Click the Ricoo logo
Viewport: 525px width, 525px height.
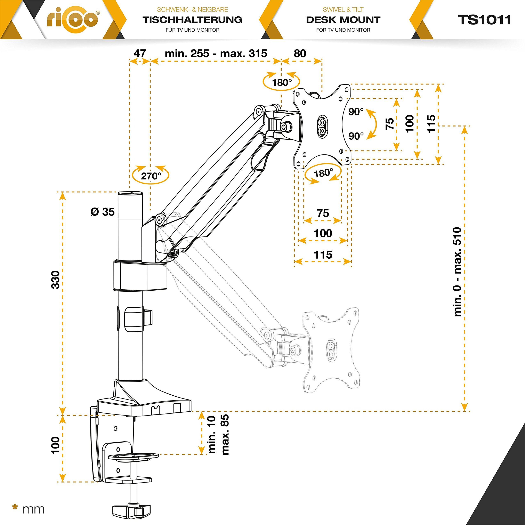(x=73, y=19)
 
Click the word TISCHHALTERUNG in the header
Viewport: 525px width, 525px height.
(x=192, y=19)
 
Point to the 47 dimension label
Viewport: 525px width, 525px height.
(x=140, y=53)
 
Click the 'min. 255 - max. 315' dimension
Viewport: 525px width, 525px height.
(x=216, y=53)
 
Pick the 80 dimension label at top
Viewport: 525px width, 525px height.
(x=300, y=53)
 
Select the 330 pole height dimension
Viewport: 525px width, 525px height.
(x=55, y=280)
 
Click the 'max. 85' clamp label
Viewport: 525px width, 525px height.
(x=225, y=435)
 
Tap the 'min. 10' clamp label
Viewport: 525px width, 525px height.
(x=211, y=435)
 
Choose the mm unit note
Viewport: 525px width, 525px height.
(x=33, y=509)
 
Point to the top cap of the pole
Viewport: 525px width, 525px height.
(x=130, y=193)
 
